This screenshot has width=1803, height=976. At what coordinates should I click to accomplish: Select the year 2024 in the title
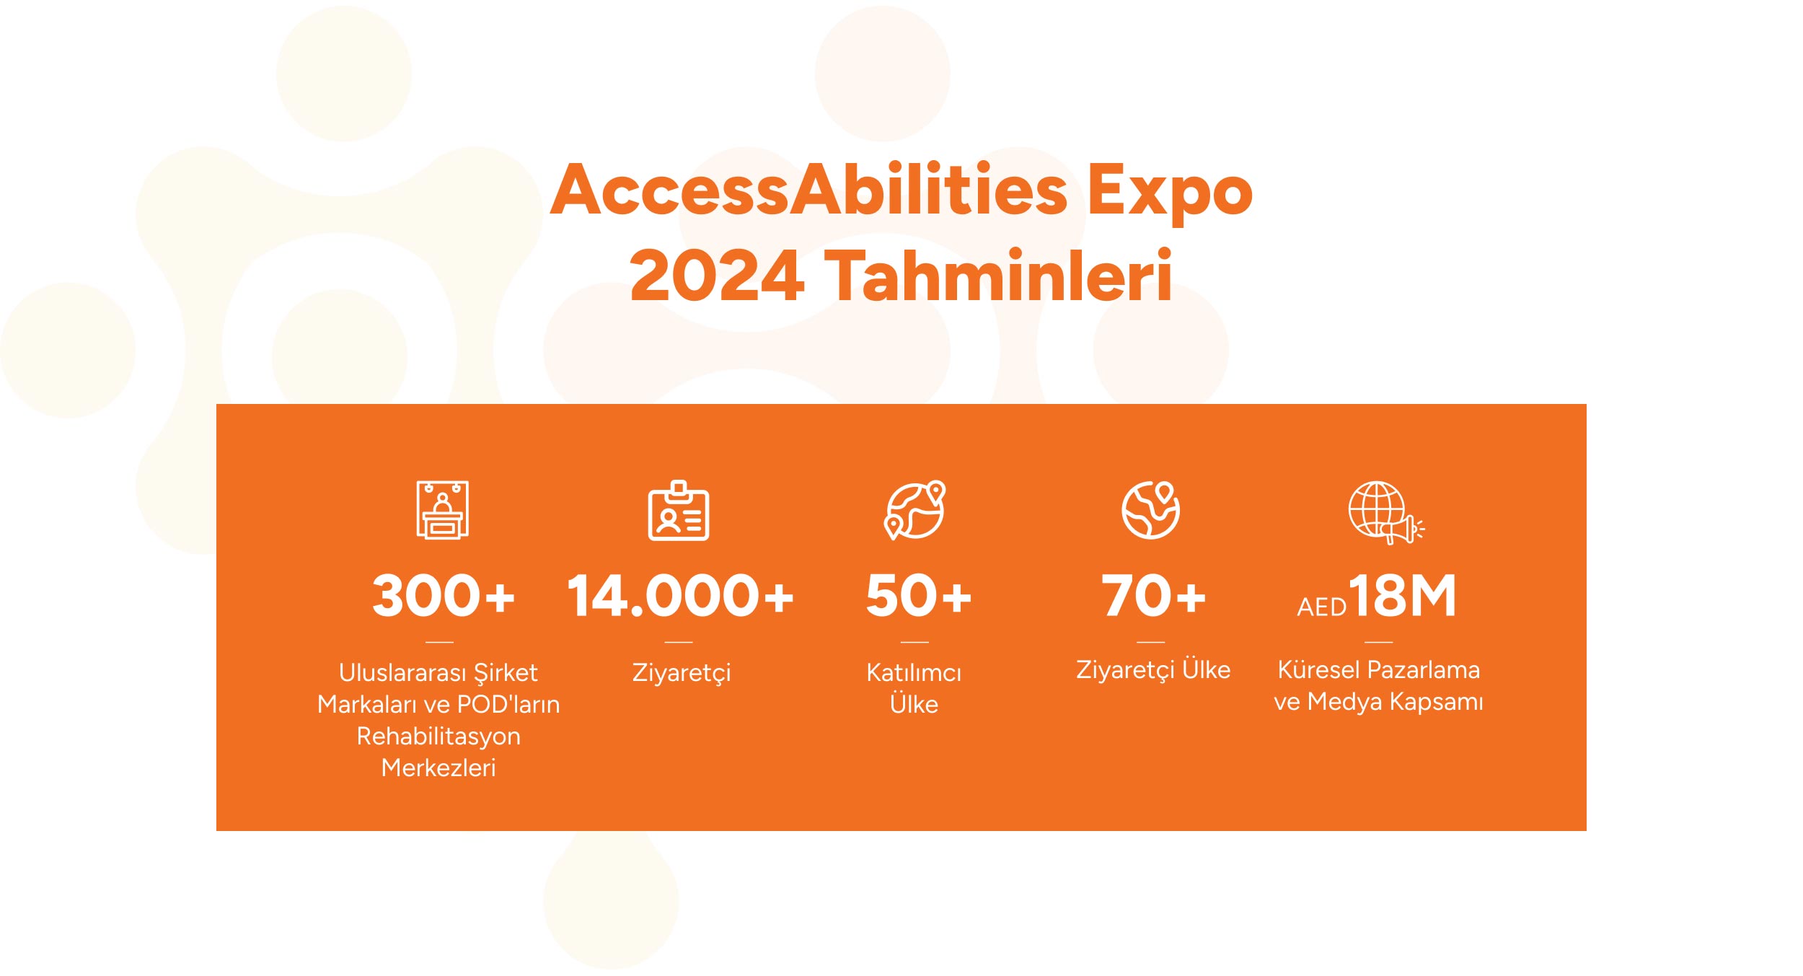(717, 276)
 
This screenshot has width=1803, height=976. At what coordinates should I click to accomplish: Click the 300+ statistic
(444, 596)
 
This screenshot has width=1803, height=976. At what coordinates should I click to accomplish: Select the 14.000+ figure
(680, 596)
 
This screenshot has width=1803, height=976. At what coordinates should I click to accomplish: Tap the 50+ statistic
(918, 596)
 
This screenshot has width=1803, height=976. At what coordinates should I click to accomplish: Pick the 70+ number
(1153, 596)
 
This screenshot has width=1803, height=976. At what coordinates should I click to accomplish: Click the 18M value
(1402, 596)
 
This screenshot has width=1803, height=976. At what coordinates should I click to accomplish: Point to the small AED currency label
(1321, 607)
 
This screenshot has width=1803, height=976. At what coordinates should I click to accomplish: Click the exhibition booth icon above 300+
(443, 510)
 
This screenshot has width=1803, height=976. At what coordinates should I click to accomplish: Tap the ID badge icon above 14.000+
(679, 510)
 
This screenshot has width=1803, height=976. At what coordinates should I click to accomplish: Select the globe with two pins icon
(915, 510)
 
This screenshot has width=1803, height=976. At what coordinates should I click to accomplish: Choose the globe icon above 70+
(1151, 510)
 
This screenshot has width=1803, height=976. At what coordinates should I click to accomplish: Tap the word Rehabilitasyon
(438, 737)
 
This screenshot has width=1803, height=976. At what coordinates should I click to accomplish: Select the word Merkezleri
(438, 768)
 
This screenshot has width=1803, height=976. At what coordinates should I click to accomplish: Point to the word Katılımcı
(914, 673)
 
